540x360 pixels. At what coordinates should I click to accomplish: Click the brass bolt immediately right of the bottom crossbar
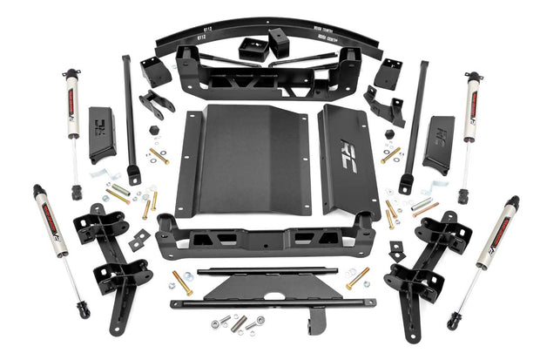coord(357,278)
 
